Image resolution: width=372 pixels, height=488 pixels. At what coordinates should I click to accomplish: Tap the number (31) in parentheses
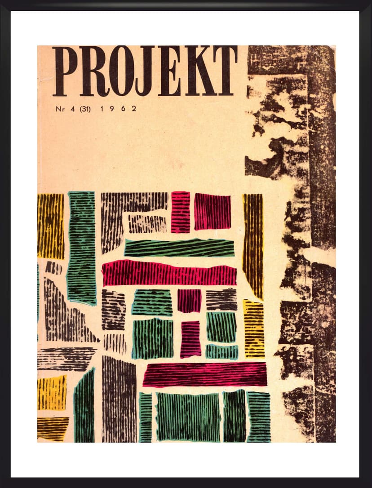[85, 108]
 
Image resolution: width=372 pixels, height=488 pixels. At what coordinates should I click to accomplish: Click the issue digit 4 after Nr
[71, 108]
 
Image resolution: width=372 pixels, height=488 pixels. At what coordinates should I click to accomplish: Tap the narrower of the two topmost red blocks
[180, 212]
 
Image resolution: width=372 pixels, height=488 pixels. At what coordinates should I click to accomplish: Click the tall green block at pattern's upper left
[81, 247]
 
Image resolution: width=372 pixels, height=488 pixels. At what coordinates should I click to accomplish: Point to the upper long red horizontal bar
[169, 273]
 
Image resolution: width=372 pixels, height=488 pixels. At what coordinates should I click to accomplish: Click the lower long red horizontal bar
[204, 375]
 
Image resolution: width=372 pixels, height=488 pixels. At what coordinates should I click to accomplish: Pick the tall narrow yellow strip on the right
[253, 245]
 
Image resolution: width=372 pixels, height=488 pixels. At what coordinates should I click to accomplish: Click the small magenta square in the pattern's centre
[189, 301]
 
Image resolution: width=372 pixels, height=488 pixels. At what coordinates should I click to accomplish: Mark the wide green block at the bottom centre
[188, 417]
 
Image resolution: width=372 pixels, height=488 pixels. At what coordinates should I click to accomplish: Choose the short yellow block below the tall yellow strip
[254, 328]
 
